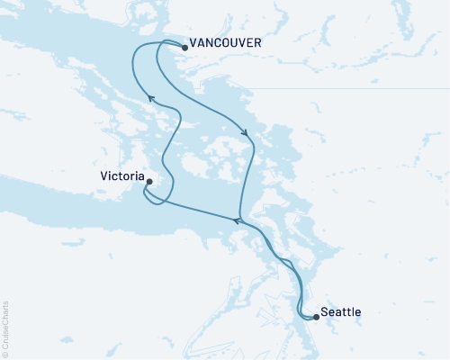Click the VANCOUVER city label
(x=226, y=41)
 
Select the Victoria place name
(x=121, y=177)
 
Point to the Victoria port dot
(x=148, y=182)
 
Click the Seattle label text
(x=343, y=311)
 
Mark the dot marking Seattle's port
(x=316, y=316)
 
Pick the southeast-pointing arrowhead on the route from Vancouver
(x=246, y=136)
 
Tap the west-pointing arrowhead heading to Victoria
(x=237, y=219)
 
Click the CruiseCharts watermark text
(x=5, y=325)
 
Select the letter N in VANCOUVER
(x=212, y=41)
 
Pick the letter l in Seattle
(x=355, y=311)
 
